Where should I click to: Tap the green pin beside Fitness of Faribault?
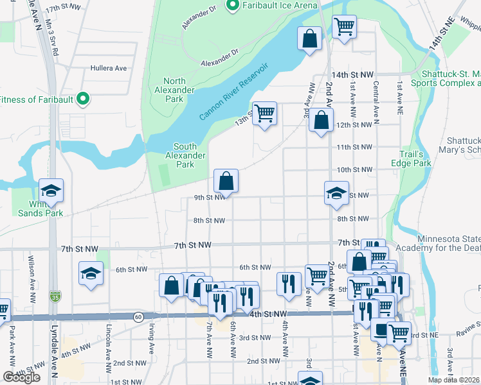coord(82,99)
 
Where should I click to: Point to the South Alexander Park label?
coord(185,155)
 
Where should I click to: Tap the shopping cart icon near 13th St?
coord(264,114)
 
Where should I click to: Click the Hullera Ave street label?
coord(108,67)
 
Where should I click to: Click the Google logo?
coord(21,377)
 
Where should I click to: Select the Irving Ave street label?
coord(152,347)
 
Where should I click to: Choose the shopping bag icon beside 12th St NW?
coord(321,120)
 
